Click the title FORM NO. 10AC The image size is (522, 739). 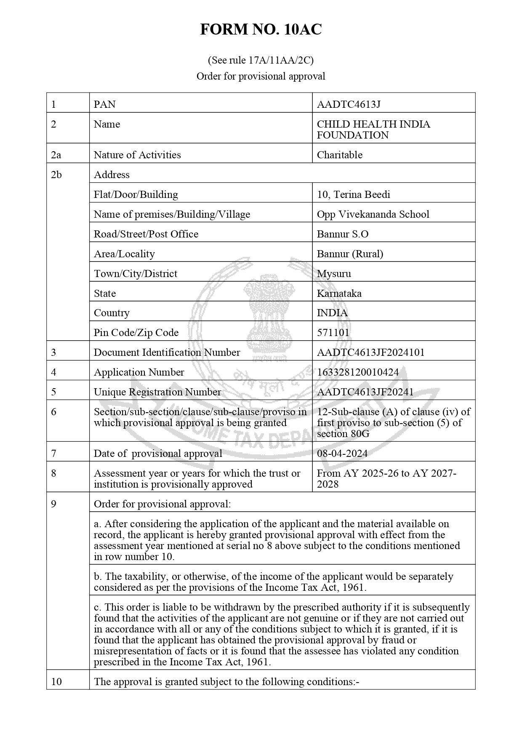coord(261,29)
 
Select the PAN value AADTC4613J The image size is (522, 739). coord(349,104)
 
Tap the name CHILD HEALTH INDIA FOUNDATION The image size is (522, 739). coord(373,130)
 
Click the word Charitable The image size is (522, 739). coord(339,155)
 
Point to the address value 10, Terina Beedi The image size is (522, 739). coord(353,195)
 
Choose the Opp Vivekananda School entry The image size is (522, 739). coord(373,214)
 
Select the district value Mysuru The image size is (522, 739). coord(334,274)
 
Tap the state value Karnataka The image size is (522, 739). coord(339,293)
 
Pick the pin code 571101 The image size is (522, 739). coord(333,333)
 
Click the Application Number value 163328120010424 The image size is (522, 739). coord(357,372)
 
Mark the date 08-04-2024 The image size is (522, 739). coord(342,454)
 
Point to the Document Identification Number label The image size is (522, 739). coord(167,352)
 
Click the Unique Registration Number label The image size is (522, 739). coord(157,392)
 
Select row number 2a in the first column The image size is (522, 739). coord(56,155)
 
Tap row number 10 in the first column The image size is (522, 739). coord(56,682)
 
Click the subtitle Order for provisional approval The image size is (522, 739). coord(261,76)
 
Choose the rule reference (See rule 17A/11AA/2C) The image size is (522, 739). coord(261,60)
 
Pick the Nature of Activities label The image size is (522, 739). coord(137,155)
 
